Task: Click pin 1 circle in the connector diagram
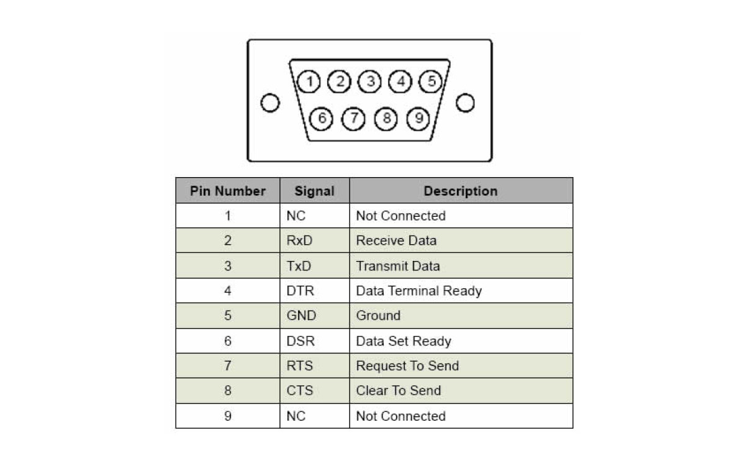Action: [309, 81]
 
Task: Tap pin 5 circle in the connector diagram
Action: [430, 81]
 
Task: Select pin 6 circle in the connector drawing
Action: [321, 119]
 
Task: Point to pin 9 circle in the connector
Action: [418, 119]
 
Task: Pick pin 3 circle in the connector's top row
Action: [369, 81]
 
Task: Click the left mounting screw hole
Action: [270, 103]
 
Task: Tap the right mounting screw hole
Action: [465, 103]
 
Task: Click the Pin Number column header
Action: [228, 191]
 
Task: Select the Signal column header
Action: [314, 191]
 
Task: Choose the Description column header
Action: [461, 191]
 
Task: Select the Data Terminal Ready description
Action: [419, 291]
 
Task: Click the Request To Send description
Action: [407, 366]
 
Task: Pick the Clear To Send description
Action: [399, 390]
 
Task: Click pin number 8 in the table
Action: [228, 390]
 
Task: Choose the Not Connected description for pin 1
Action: [401, 216]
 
